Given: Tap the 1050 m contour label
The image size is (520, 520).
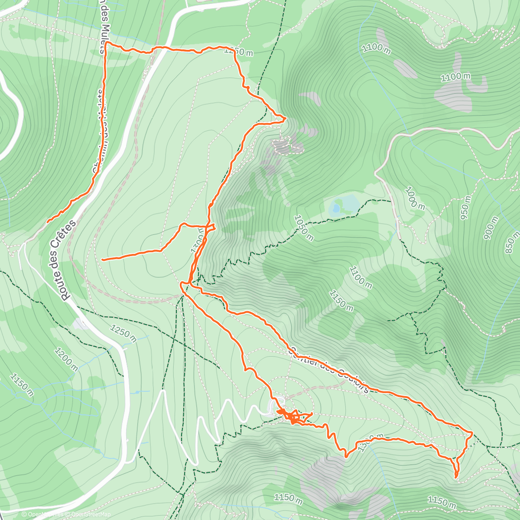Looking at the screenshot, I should [x=304, y=228].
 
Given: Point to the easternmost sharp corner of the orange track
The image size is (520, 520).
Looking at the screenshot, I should [x=471, y=432].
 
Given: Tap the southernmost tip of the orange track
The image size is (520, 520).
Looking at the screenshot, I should [x=456, y=477].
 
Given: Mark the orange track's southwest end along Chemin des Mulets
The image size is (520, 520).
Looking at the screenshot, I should [x=48, y=222].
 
